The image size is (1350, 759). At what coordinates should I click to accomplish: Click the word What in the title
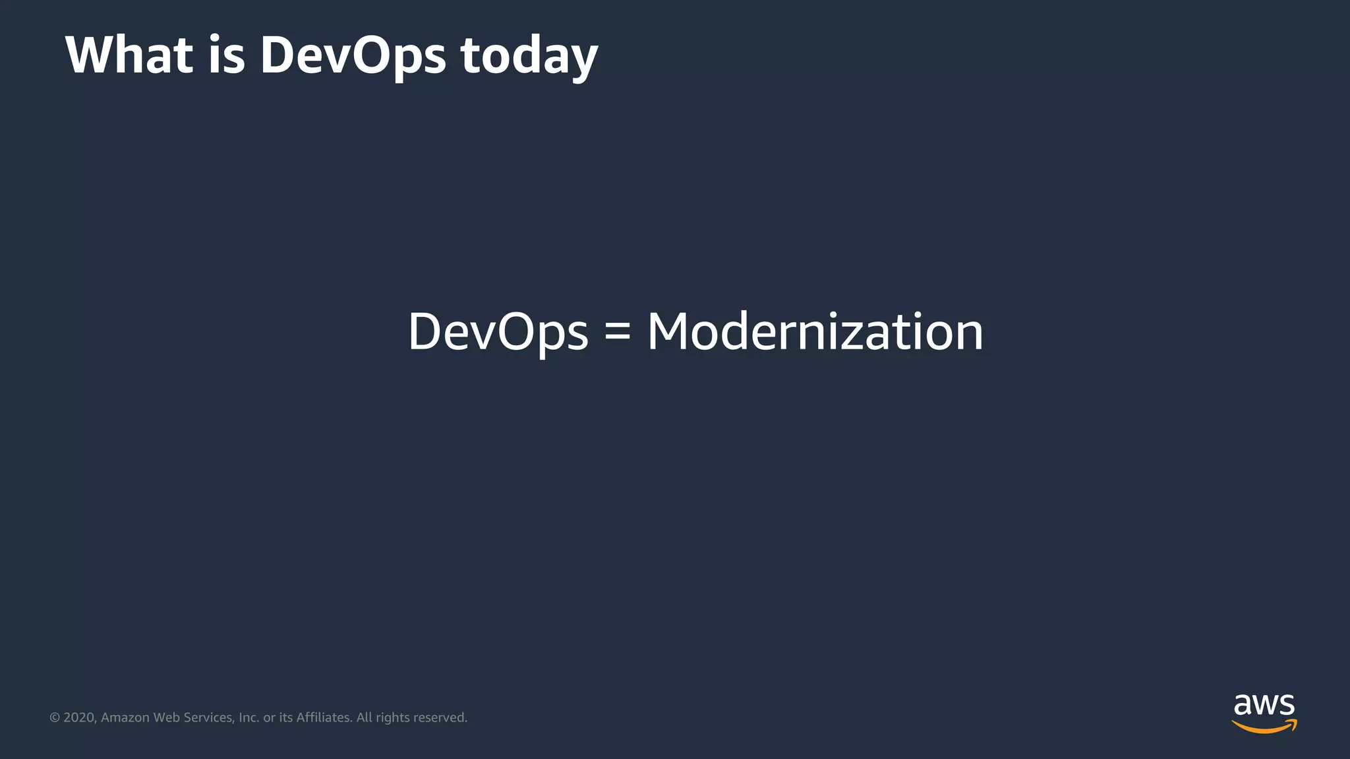tap(129, 55)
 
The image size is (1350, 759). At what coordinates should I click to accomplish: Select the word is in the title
tap(227, 55)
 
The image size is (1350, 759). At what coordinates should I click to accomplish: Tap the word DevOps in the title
tap(353, 56)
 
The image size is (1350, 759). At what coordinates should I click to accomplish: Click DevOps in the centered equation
tap(498, 332)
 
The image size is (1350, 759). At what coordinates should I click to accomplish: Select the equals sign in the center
tap(618, 331)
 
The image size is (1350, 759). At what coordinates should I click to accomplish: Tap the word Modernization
tap(815, 331)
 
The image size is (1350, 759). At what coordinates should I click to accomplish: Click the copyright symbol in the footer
tap(55, 717)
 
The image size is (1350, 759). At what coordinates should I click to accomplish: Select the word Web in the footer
tap(166, 717)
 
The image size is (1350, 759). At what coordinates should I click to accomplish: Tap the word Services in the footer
tap(208, 717)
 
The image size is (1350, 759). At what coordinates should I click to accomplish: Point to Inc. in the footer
tap(249, 717)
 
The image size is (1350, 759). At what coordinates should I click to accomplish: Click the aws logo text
tap(1264, 705)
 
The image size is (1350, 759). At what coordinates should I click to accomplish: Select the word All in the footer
tap(365, 717)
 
